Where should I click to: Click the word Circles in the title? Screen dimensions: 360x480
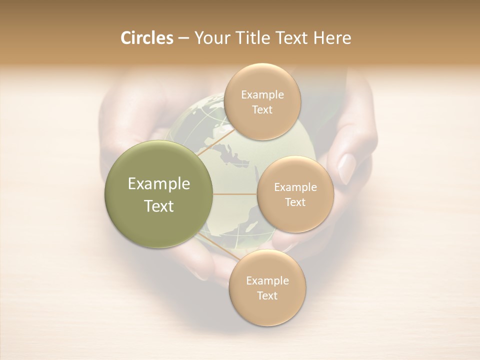146,38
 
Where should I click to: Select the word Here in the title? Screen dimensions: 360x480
332,38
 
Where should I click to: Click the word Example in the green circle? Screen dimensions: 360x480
159,184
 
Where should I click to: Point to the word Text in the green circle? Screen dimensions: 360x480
159,206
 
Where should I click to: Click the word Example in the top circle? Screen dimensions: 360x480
262,94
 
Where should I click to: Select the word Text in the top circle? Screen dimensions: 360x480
262,109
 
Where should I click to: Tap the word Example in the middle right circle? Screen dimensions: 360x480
295,187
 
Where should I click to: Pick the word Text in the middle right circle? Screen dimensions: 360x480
295,202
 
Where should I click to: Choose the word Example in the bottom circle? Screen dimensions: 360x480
267,280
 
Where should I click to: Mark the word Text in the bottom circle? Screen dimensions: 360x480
267,295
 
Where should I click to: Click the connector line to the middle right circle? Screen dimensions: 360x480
235,194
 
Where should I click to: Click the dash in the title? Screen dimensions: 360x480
183,38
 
